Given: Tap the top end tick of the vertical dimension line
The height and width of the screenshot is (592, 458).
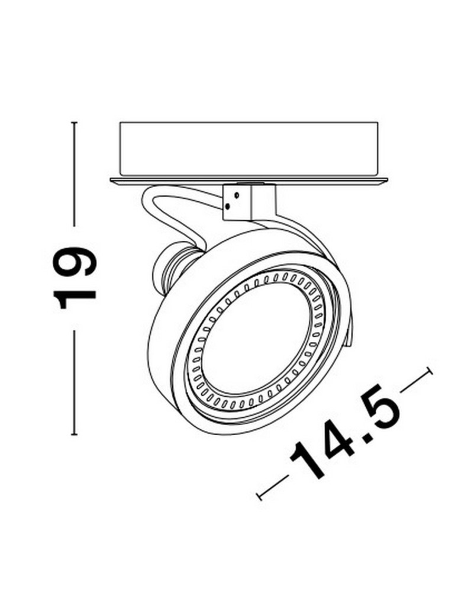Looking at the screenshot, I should tap(75, 123).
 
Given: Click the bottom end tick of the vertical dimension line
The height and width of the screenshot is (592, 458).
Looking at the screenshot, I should tap(75, 435).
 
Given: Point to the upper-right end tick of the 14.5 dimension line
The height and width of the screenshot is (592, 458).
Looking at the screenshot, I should tap(430, 371).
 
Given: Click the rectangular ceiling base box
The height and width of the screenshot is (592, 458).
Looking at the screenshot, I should tap(248, 148).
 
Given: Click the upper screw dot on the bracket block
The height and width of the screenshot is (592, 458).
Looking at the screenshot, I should tap(236, 194).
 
